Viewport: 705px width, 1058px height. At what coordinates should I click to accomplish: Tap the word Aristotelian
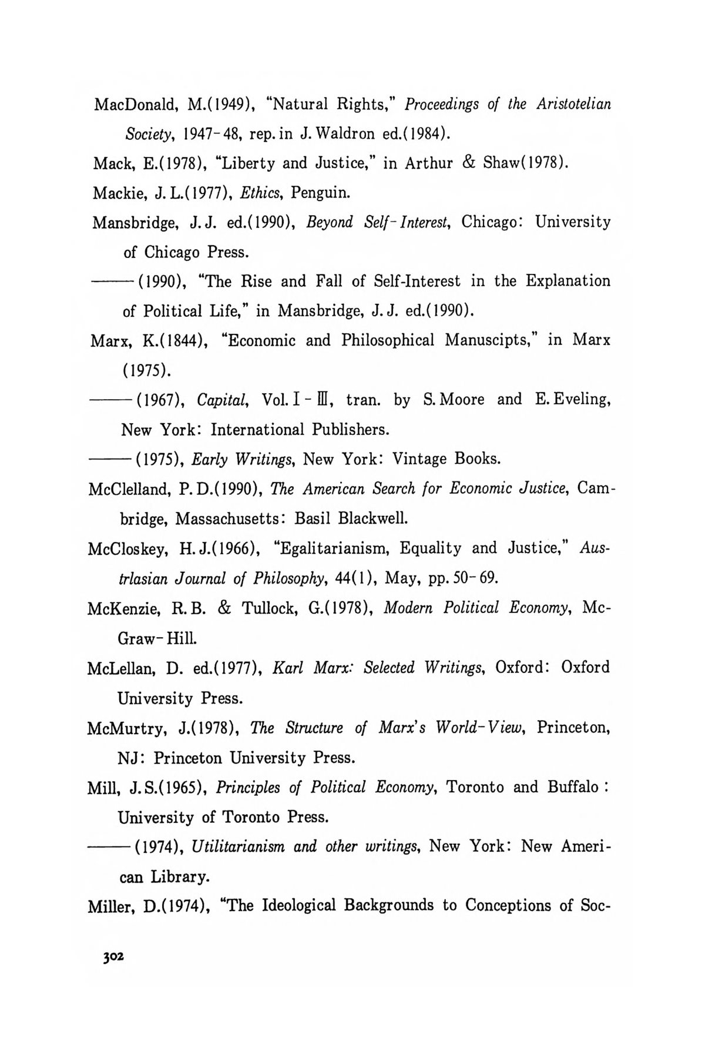(x=573, y=104)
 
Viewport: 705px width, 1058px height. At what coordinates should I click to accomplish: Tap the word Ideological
(x=296, y=906)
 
